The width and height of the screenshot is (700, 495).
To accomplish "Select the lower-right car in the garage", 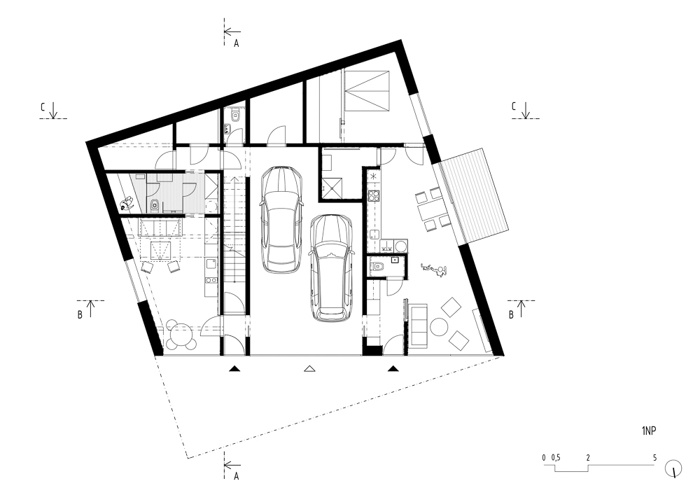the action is click(332, 268).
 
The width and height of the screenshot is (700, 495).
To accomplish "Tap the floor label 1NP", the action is click(649, 431).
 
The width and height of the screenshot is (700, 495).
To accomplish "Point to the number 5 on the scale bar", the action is click(655, 457).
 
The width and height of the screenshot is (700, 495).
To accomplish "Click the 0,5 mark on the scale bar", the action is click(556, 457).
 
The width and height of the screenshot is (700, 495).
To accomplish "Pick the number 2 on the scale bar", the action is click(589, 457).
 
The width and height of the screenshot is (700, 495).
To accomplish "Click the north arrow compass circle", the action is click(673, 468).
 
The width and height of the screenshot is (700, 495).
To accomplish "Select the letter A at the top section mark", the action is click(237, 43).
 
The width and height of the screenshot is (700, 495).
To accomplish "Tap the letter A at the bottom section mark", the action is click(237, 476).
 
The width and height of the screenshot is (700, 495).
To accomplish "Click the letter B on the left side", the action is click(80, 314).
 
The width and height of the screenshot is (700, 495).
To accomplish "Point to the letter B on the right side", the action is click(511, 314).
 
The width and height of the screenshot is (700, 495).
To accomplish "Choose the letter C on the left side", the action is click(43, 107).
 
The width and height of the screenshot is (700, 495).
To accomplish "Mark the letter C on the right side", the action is click(514, 106).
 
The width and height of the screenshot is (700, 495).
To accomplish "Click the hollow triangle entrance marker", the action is click(309, 369).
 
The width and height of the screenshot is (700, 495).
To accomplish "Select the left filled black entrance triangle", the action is click(234, 369).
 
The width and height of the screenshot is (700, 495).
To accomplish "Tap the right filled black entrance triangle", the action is click(393, 369).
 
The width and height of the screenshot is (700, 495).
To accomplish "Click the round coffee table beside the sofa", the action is click(440, 327).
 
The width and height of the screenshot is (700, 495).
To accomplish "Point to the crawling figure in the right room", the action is click(433, 270).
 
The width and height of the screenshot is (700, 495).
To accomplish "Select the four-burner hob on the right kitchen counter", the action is click(374, 195).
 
